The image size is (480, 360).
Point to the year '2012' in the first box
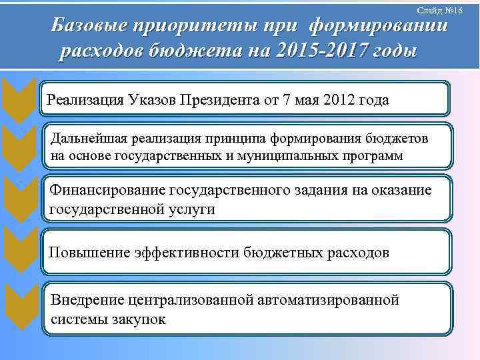[334, 100]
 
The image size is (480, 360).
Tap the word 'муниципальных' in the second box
[294, 155]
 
